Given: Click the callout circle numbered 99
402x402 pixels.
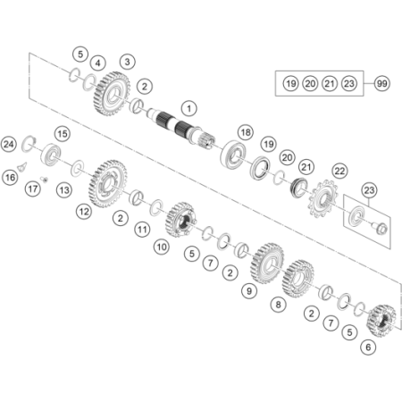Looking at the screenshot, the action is coord(381,83).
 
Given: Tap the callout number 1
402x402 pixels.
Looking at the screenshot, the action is coord(189,108).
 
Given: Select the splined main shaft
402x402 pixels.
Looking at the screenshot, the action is coord(181,128).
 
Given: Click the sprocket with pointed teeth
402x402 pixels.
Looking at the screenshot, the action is coord(322,198).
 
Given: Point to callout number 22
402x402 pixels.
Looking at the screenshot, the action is coord(339,172).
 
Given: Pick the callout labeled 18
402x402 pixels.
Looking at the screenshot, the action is coord(246,132).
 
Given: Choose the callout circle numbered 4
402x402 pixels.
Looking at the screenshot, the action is coord(98,63).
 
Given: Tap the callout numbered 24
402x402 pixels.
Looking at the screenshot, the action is coord(8,145).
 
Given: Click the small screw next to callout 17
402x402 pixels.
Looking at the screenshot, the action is coord(45,179).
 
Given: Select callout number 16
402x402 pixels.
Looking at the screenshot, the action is coord(10,178).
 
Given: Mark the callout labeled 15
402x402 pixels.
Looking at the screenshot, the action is coord(63,134).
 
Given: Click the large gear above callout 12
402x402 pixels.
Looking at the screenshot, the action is coord(108,183).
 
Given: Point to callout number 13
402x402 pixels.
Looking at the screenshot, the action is coord(64,190).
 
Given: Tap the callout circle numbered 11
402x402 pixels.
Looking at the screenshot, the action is coord(142,230).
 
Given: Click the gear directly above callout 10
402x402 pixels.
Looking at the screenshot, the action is coord(180,220).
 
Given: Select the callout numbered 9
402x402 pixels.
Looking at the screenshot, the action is coord(249,290).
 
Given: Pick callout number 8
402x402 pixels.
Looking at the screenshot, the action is coord(278,305).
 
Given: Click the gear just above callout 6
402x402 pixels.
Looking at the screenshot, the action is coord(382,321).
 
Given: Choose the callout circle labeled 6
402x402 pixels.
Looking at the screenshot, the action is coord(368,348).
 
